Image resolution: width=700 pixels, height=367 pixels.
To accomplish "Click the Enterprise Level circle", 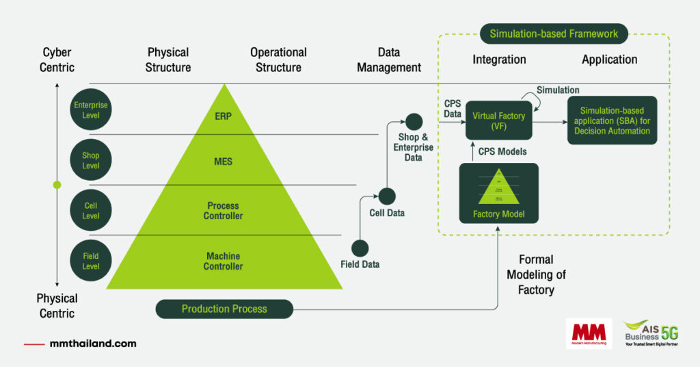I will pyautogui.click(x=91, y=110).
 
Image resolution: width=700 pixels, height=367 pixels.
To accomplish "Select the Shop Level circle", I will pyautogui.click(x=91, y=160).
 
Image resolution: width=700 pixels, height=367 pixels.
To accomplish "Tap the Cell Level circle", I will pyautogui.click(x=91, y=211).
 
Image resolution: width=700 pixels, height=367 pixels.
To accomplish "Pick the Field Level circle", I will pyautogui.click(x=91, y=261).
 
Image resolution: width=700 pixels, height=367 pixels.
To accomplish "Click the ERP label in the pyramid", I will pyautogui.click(x=223, y=116).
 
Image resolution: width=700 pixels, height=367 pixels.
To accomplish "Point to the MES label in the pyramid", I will pyautogui.click(x=223, y=162).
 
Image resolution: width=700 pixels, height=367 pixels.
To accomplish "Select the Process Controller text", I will pyautogui.click(x=223, y=211).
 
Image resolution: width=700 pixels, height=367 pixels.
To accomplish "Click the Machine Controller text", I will pyautogui.click(x=223, y=261).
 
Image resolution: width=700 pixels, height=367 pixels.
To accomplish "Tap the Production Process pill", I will pyautogui.click(x=224, y=309).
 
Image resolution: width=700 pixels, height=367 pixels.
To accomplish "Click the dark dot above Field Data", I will pyautogui.click(x=360, y=249).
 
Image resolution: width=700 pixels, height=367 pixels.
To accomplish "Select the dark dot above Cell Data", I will pyautogui.click(x=387, y=197).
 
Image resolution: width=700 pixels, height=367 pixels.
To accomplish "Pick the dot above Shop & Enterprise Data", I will pyautogui.click(x=414, y=123).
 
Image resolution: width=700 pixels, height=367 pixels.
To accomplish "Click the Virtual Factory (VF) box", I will pyautogui.click(x=499, y=121).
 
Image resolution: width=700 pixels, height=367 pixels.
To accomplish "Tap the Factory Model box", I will pyautogui.click(x=498, y=193).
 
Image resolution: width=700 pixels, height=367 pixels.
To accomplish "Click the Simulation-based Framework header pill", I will pyautogui.click(x=554, y=34).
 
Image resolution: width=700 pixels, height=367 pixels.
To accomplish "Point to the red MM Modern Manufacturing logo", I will pyautogui.click(x=589, y=333).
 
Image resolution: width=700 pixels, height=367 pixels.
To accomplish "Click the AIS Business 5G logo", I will pyautogui.click(x=650, y=333).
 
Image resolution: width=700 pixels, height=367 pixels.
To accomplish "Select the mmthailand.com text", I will pyautogui.click(x=93, y=344).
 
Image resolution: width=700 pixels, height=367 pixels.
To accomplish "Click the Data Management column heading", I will pyautogui.click(x=389, y=60).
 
